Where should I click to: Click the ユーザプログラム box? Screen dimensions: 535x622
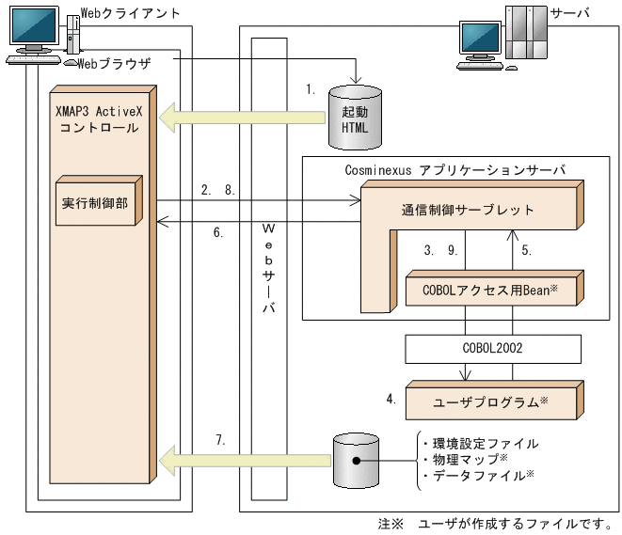(x=489, y=401)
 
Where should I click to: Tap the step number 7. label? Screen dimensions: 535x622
(x=222, y=440)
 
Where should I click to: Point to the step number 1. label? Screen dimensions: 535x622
(x=311, y=89)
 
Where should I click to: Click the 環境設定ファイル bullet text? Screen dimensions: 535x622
(x=480, y=442)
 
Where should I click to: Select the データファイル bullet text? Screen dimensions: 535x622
(x=480, y=476)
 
